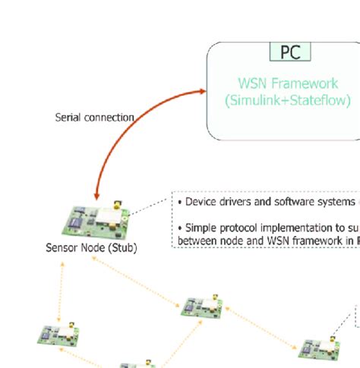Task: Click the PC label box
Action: click(x=290, y=52)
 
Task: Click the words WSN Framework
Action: click(x=287, y=83)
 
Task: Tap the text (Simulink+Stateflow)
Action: click(x=287, y=100)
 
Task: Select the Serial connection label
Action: click(x=95, y=118)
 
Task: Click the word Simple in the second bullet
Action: click(x=201, y=228)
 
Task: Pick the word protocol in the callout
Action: click(x=242, y=228)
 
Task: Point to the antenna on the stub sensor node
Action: click(x=115, y=205)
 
